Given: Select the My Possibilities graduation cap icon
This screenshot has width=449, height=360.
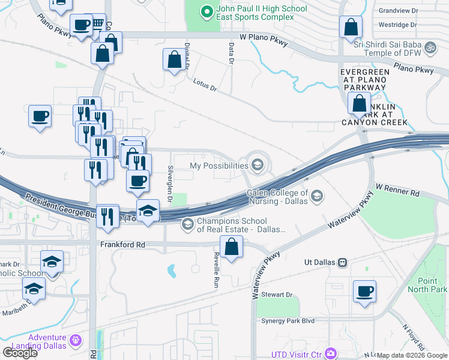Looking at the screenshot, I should tap(258, 165).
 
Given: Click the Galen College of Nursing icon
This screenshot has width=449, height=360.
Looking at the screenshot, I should tap(316, 196).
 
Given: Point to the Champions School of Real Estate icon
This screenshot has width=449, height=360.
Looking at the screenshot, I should tap(188, 224).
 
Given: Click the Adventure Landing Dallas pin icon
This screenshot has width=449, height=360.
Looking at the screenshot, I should tap(75, 341).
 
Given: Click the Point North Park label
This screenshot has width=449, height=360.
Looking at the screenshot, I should tap(427, 285).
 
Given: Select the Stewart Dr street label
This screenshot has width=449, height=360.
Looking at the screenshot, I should tap(280, 295).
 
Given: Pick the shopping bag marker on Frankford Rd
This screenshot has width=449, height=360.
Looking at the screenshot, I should tap(232, 247).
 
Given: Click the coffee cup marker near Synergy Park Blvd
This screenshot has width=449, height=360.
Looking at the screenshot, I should tap(364, 292).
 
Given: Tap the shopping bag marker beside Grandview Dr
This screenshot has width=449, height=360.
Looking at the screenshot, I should tap(351, 27).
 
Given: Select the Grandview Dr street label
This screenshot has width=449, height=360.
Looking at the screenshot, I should tap(397, 11).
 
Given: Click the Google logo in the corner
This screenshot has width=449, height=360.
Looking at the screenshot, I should tap(20, 352).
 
